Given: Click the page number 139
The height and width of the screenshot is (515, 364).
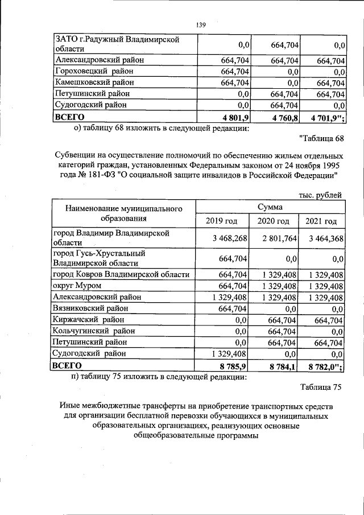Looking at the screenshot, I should pos(200,24).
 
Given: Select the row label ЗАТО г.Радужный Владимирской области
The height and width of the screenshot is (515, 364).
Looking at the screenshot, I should pos(117,44).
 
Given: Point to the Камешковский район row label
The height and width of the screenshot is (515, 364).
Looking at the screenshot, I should pos(98,83).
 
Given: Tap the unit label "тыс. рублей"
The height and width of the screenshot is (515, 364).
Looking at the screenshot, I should pos(320,195).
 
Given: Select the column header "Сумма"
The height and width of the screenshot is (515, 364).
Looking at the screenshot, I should pos(270,208).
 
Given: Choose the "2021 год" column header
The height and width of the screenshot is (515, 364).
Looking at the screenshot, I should pos(321,221).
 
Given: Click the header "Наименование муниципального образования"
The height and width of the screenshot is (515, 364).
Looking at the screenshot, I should pos(123,213).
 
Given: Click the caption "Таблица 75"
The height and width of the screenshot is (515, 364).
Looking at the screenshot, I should pos(321,388).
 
